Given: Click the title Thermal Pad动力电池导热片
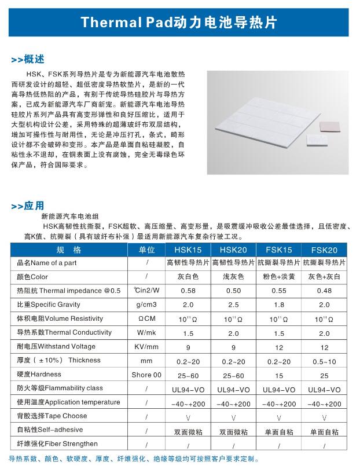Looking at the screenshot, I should [x=179, y=23].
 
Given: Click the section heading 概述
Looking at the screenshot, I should [x=31, y=60].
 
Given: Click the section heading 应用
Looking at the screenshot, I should [x=31, y=206].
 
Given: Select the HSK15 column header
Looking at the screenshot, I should [x=188, y=250].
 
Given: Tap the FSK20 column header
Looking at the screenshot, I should [x=324, y=250].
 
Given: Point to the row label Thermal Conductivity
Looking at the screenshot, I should [x=64, y=332].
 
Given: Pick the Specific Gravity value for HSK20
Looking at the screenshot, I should [x=233, y=305].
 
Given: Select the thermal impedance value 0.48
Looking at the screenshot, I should [x=324, y=291].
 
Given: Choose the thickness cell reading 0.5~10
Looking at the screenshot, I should [x=324, y=361].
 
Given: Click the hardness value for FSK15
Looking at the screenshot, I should [x=279, y=375].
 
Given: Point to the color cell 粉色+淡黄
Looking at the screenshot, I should [x=279, y=277].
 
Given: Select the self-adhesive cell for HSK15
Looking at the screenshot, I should [x=188, y=431].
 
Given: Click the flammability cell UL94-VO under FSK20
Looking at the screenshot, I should [x=324, y=389].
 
